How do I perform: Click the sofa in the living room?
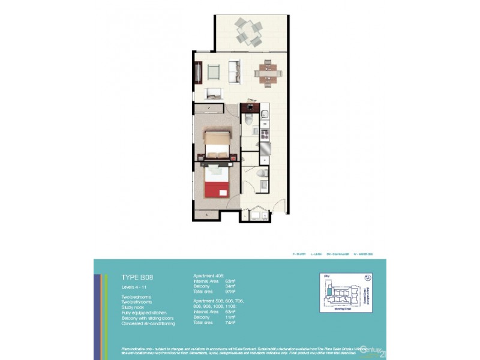[x=234, y=71]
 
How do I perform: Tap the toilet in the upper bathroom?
[x=248, y=121]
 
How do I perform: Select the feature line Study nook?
[x=134, y=308]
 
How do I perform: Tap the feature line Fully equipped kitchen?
[x=143, y=313]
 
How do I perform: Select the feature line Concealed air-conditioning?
[x=148, y=323]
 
